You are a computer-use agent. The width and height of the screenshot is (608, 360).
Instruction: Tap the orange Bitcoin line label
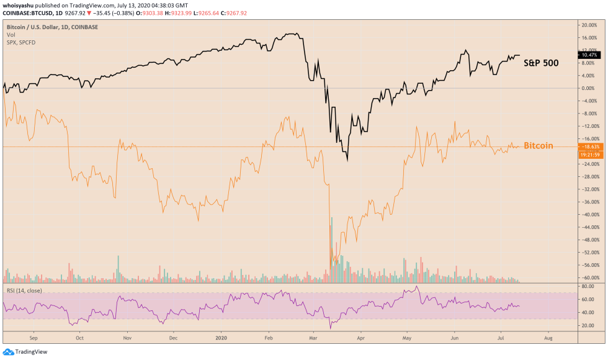point(538,146)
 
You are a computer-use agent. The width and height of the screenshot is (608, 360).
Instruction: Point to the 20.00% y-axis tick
point(588,25)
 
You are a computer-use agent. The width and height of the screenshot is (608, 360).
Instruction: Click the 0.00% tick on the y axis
point(589,88)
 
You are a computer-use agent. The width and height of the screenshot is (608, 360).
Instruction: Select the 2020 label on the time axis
point(221,339)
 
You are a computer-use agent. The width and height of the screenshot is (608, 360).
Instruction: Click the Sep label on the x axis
point(34,339)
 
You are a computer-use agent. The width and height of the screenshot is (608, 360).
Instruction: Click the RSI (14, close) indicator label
point(22,289)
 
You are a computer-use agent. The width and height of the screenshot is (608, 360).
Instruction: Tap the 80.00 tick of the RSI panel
point(588,286)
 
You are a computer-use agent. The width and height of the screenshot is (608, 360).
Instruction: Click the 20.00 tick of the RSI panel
point(588,325)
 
